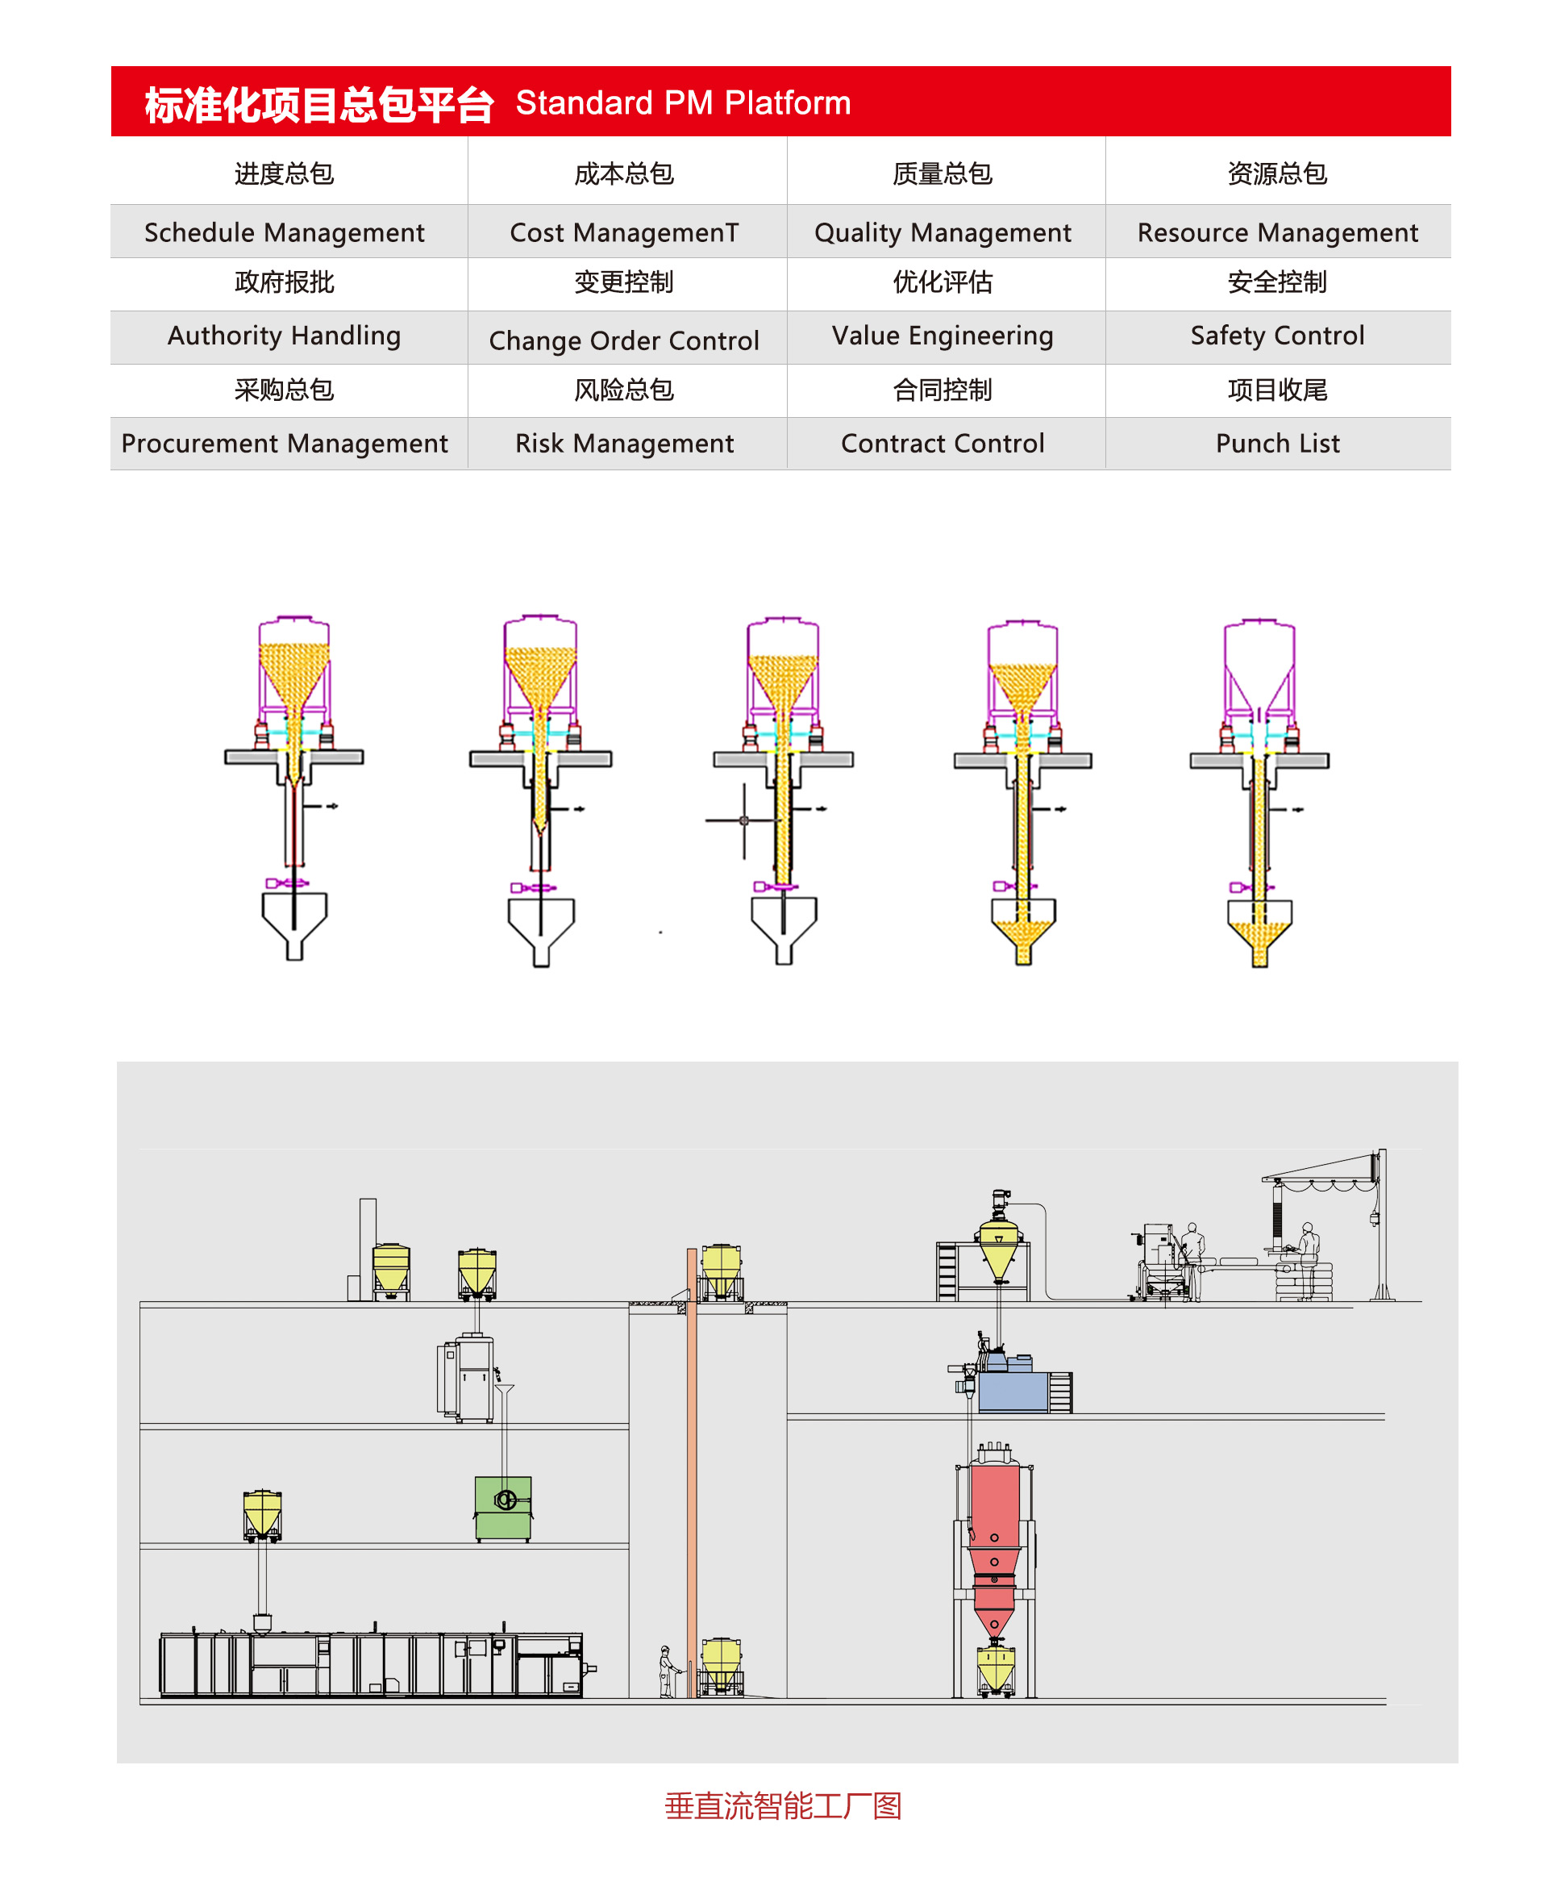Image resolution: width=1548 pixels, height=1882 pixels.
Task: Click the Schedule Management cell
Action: click(x=285, y=232)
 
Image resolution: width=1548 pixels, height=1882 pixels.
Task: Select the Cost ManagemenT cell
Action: click(x=624, y=232)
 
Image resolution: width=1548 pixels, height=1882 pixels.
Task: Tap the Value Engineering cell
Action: click(x=943, y=336)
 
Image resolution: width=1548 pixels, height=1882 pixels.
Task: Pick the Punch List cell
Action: click(x=1277, y=444)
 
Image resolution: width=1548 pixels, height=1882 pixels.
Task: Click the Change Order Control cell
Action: click(x=624, y=339)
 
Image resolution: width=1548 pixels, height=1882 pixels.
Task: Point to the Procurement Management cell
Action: click(x=285, y=444)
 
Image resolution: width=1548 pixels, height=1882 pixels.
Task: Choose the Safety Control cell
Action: click(x=1277, y=336)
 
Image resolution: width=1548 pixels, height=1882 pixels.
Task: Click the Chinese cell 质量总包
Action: click(x=943, y=173)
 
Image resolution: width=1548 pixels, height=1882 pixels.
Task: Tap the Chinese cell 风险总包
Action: click(x=624, y=390)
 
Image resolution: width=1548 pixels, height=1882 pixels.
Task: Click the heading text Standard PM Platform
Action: click(x=683, y=102)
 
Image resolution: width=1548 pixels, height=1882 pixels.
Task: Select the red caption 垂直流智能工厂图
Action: click(x=783, y=1805)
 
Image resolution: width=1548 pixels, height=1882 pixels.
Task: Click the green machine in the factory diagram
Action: click(x=503, y=1509)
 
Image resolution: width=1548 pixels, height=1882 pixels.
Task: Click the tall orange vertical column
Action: click(x=692, y=1471)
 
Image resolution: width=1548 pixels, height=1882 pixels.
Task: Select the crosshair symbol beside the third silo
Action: click(x=743, y=820)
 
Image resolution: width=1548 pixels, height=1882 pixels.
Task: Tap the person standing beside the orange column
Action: click(x=666, y=1671)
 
